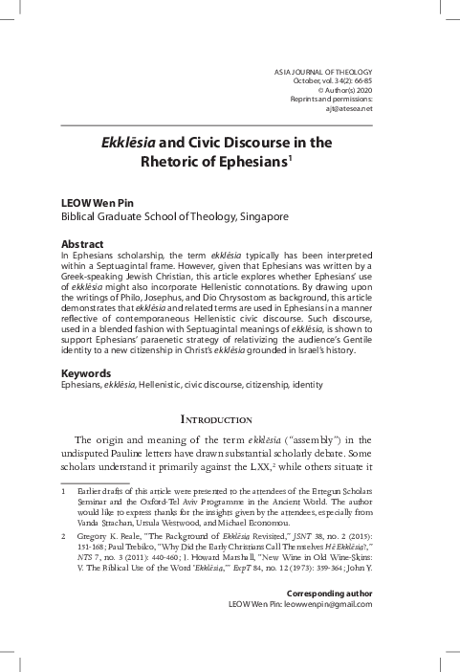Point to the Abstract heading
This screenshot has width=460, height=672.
[82, 245]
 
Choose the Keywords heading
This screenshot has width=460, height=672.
[86, 346]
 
